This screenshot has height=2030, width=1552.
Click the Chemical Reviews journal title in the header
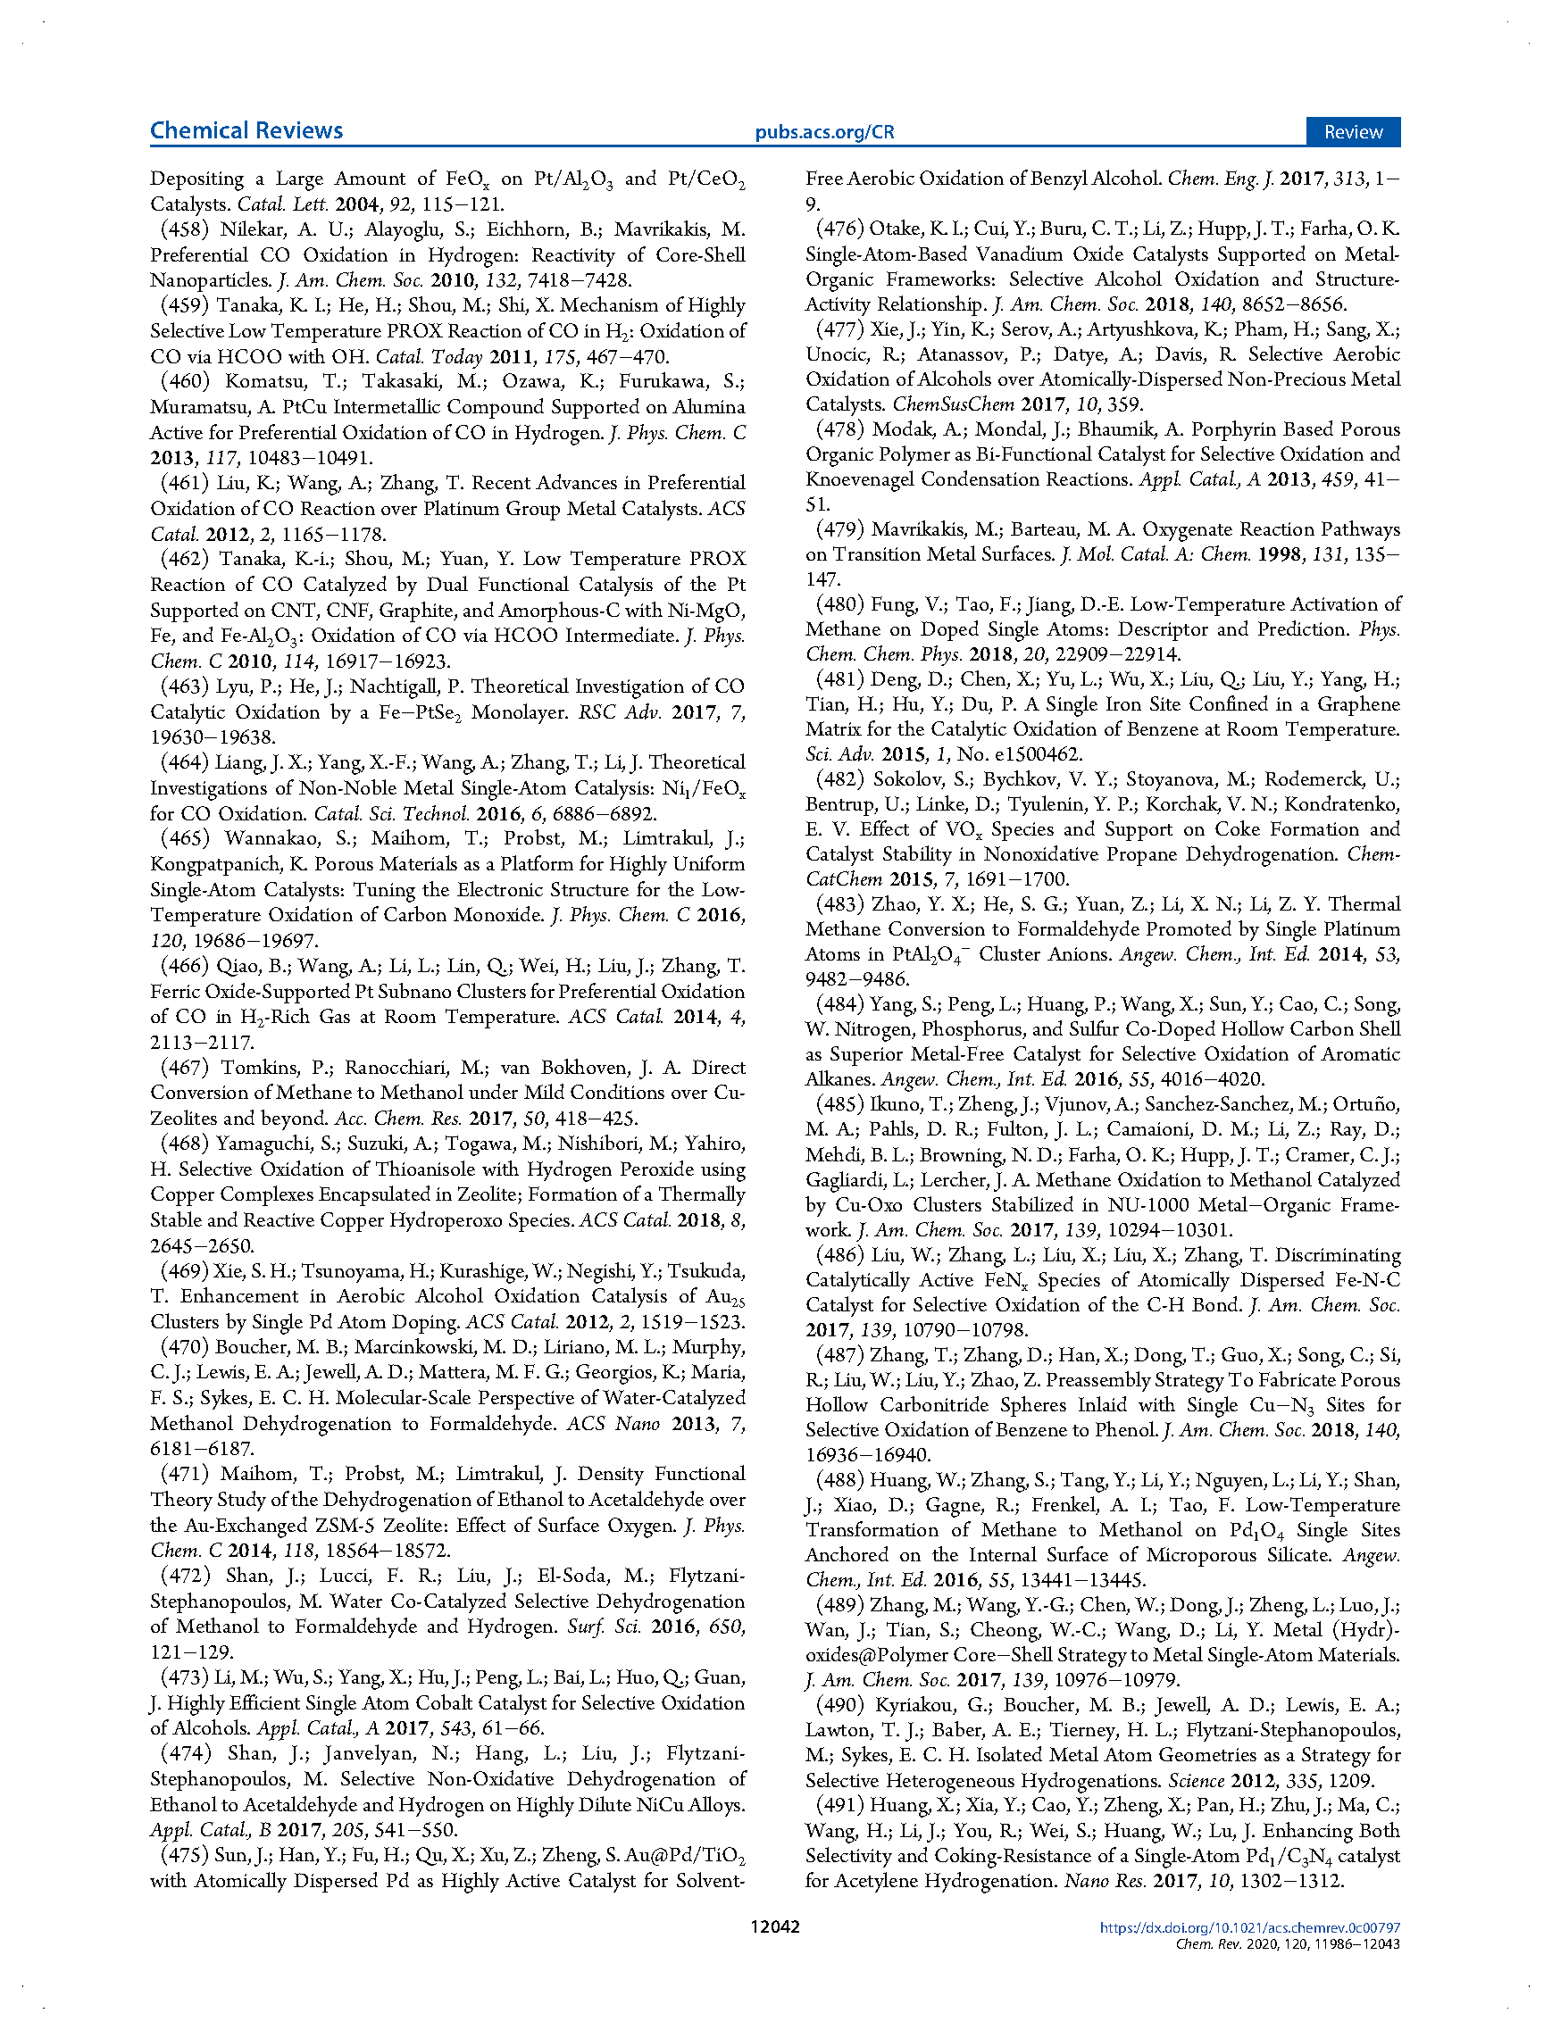tap(246, 130)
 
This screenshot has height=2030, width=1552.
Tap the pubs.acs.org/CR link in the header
tap(824, 132)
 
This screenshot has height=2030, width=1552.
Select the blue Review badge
tap(1353, 132)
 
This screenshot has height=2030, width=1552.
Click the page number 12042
tap(775, 1926)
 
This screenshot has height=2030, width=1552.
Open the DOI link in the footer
tap(1249, 1927)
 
